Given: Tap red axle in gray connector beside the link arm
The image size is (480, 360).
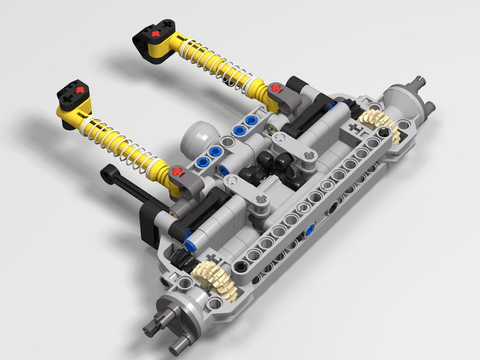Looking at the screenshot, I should (178, 171).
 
